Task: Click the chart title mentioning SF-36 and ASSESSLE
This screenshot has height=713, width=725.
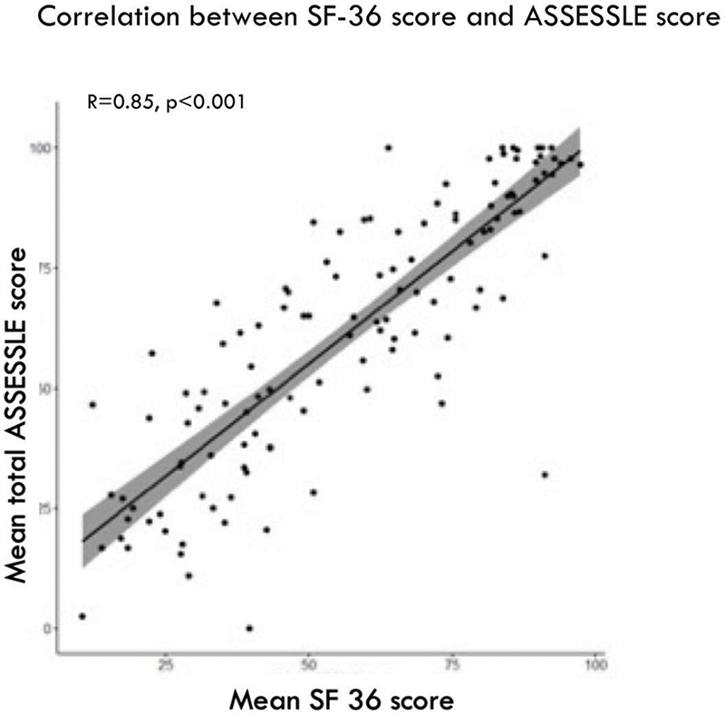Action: click(x=362, y=19)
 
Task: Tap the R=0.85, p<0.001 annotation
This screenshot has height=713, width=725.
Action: click(x=166, y=101)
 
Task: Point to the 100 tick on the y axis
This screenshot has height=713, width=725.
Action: click(x=40, y=147)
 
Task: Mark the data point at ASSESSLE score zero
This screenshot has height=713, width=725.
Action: click(x=249, y=628)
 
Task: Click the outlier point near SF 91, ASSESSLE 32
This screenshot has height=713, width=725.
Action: click(x=545, y=475)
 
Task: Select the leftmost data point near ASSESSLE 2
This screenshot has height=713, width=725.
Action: click(x=82, y=616)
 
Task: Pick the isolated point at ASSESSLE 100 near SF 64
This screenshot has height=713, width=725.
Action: click(x=389, y=148)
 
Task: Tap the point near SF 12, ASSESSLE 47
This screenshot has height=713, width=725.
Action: click(x=92, y=404)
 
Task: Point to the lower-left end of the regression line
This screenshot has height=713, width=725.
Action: click(x=83, y=541)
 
